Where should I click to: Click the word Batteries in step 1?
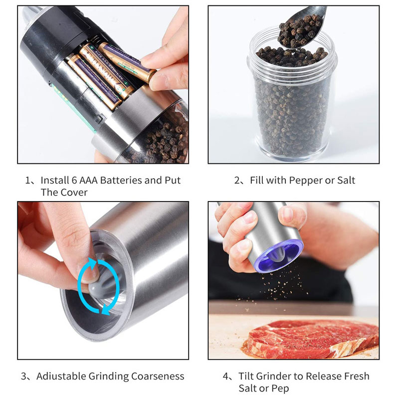tap(121, 180)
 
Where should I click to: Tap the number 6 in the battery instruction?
tap(74, 180)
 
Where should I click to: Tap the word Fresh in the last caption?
tap(356, 376)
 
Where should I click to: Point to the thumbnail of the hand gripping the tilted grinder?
tap(288, 213)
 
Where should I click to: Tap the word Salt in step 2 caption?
tap(346, 180)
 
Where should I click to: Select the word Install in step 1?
tap(54, 180)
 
